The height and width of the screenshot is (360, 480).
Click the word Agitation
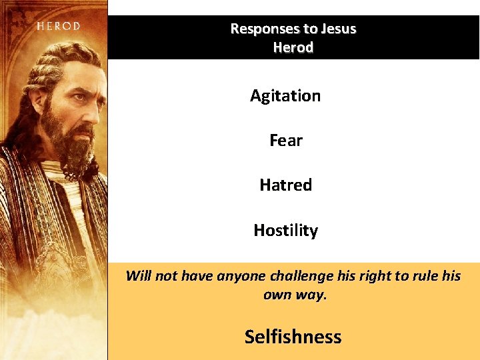tap(285, 96)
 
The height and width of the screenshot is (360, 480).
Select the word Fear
tap(285, 141)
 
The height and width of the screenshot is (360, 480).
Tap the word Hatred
tap(285, 185)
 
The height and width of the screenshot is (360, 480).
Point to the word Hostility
tap(285, 231)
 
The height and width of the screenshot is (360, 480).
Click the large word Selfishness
tap(293, 337)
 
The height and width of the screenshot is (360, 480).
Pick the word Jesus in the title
tap(338, 29)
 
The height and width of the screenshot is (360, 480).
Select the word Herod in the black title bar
tap(293, 48)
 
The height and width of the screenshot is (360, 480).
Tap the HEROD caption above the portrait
tap(58, 27)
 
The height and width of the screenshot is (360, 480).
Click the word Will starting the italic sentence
tap(139, 276)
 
